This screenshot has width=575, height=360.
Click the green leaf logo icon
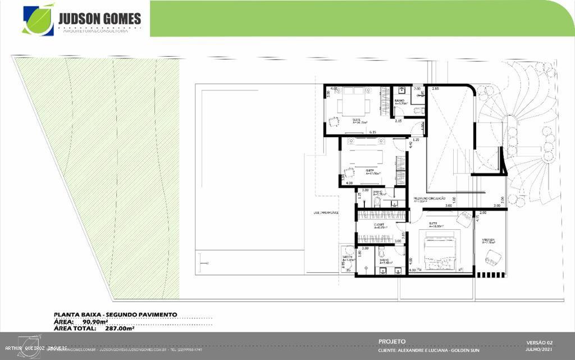38,20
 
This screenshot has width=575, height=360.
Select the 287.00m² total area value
120,329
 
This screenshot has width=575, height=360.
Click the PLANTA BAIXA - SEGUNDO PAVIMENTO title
115,315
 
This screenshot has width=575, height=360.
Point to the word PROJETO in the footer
392,341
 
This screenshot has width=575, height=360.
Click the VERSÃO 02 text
540,342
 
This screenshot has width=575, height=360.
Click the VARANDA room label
488,240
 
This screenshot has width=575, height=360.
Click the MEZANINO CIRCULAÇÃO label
430,199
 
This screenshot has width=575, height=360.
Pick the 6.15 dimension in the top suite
372,132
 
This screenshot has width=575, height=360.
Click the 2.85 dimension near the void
435,89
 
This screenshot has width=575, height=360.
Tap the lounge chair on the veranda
492,258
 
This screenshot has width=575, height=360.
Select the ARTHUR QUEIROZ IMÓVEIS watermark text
36,348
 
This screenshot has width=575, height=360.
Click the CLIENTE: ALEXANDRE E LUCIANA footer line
429,350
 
